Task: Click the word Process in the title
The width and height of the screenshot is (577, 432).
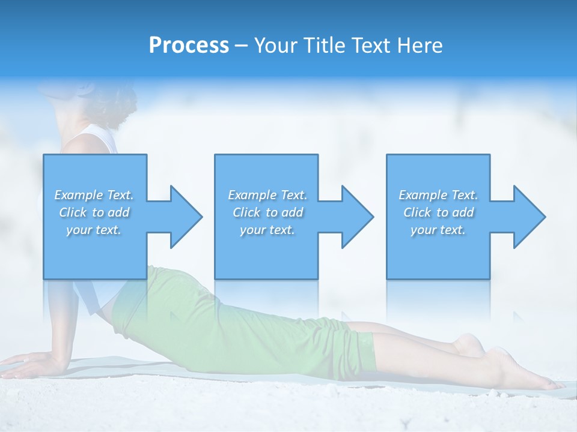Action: tap(189, 46)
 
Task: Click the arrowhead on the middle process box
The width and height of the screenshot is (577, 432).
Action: tap(356, 217)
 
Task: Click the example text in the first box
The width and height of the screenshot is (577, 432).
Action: tap(94, 212)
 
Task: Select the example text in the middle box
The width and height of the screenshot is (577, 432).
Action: tap(267, 212)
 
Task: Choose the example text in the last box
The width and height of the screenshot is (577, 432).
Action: tap(438, 212)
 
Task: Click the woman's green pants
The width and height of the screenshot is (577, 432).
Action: tap(240, 324)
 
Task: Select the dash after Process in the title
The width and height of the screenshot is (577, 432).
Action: tap(242, 46)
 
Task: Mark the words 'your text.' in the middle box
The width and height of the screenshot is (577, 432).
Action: tap(267, 230)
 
